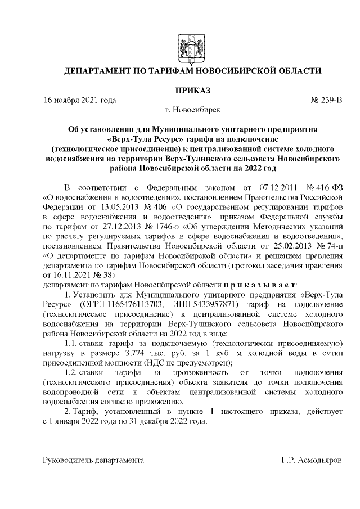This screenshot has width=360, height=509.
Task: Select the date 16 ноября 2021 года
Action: coord(80,100)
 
